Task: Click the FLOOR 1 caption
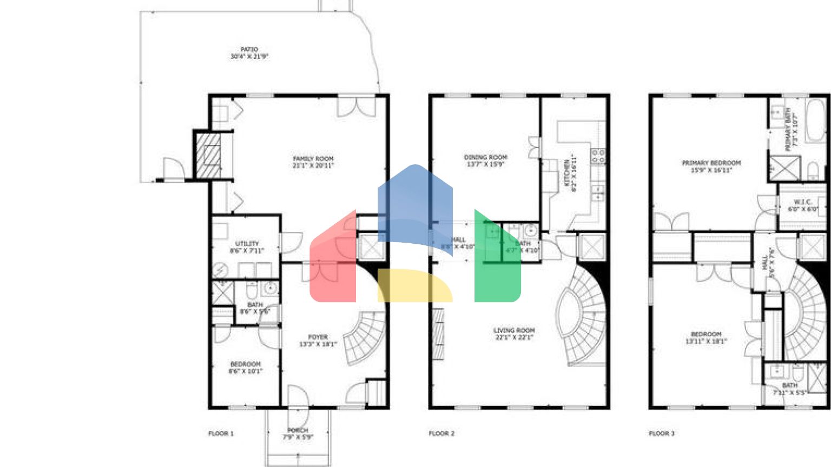point(221,433)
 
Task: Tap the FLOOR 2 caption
point(441,433)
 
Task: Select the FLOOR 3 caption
point(662,433)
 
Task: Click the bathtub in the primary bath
point(815,120)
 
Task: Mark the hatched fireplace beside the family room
point(208,156)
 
